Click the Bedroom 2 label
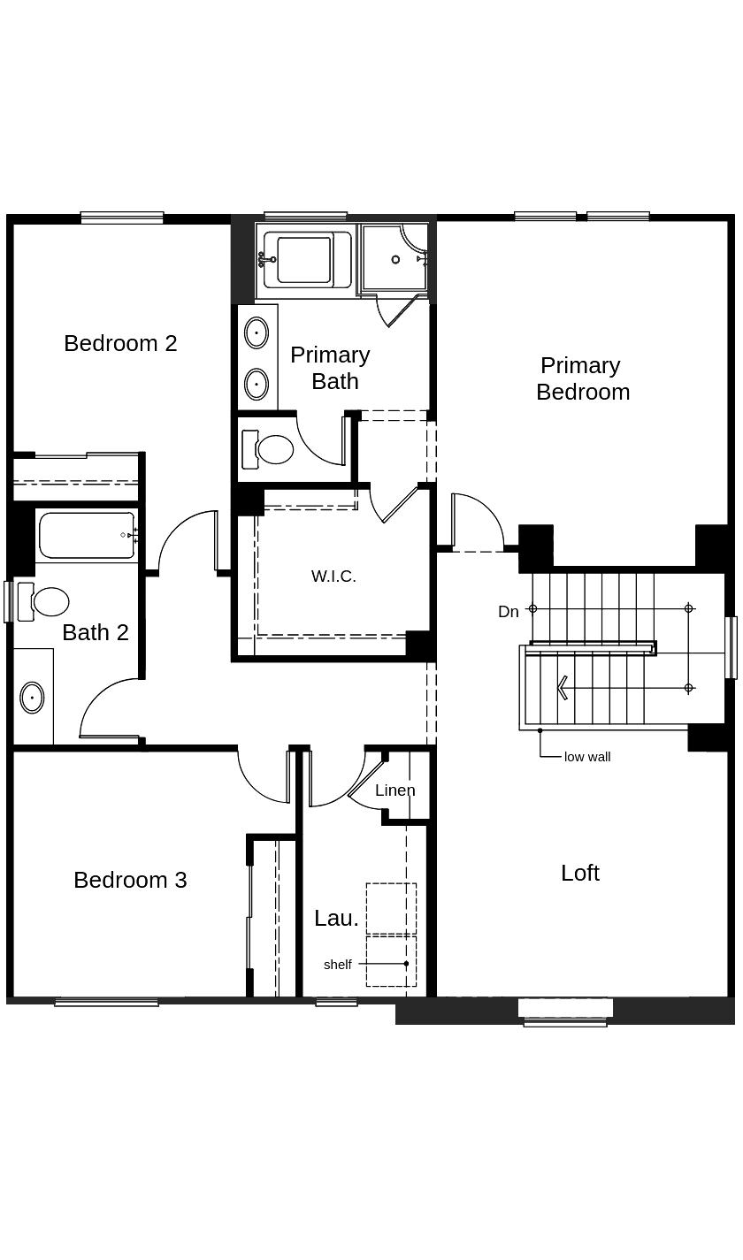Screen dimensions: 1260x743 120,343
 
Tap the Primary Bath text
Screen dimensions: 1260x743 330,368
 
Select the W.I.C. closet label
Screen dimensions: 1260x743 333,577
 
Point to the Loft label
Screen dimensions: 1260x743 580,873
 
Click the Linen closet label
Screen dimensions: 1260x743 394,790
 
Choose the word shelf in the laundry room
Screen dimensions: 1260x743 337,965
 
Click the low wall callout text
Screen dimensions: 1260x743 587,757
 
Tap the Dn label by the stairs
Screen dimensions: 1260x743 508,612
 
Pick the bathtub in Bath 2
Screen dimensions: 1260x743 86,535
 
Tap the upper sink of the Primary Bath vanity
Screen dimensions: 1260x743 256,333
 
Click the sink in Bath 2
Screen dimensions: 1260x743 32,698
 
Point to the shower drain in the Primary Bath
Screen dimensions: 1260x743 395,259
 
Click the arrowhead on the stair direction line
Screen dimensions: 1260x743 561,688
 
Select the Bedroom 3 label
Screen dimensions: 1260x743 130,880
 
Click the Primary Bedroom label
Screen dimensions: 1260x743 582,378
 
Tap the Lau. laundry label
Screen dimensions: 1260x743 336,919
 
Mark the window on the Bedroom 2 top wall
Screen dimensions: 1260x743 122,218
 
